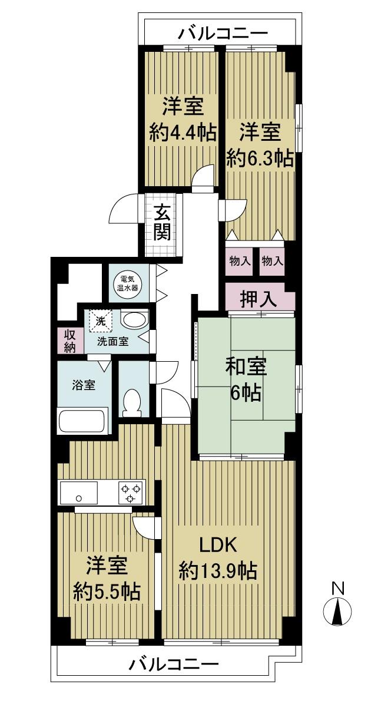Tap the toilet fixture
click(131, 403)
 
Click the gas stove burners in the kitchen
click(130, 493)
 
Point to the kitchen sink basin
click(79, 493)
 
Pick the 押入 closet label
click(259, 299)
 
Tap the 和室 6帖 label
click(246, 379)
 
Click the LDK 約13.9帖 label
click(217, 557)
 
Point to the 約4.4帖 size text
click(182, 133)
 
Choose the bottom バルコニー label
click(174, 665)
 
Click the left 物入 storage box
click(240, 260)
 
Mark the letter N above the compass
click(337, 587)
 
